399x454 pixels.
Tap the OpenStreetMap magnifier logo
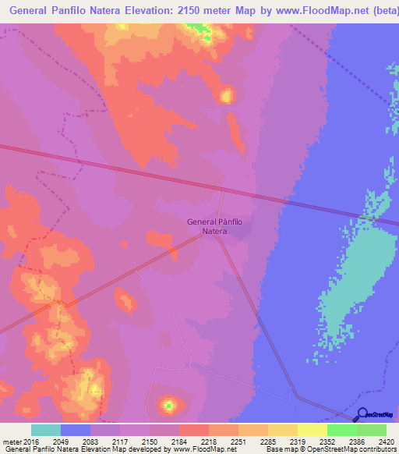[x=362, y=415]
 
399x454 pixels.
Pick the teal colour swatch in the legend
[x=46, y=430]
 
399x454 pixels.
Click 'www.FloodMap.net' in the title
[x=307, y=9]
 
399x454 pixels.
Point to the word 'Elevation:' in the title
[x=116, y=9]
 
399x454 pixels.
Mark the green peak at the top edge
[x=199, y=31]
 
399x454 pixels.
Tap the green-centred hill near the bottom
[x=168, y=404]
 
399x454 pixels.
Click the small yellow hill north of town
[x=227, y=96]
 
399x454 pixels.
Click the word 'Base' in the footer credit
[x=273, y=450]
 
